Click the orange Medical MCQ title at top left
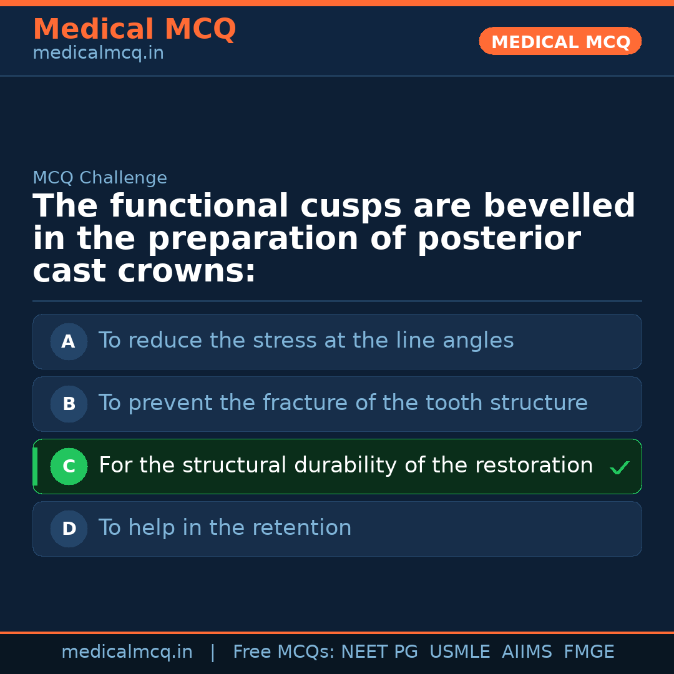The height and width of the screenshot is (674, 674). pyautogui.click(x=134, y=29)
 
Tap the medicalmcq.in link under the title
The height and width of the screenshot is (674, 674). pyautogui.click(x=98, y=54)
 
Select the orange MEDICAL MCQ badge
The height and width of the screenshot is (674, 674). pyautogui.click(x=560, y=41)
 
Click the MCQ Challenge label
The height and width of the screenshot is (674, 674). pyautogui.click(x=100, y=178)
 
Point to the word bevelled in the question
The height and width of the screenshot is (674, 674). pyautogui.click(x=559, y=207)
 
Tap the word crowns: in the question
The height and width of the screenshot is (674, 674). pyautogui.click(x=187, y=271)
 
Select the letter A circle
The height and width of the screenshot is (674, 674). pyautogui.click(x=69, y=341)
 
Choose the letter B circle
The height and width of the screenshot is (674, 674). pyautogui.click(x=69, y=404)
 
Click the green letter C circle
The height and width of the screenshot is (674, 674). pyautogui.click(x=69, y=466)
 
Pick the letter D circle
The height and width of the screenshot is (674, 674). pyautogui.click(x=69, y=529)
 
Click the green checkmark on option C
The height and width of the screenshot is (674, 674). pyautogui.click(x=619, y=467)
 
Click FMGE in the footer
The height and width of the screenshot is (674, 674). pyautogui.click(x=589, y=652)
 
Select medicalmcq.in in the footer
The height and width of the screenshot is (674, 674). pyautogui.click(x=127, y=652)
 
